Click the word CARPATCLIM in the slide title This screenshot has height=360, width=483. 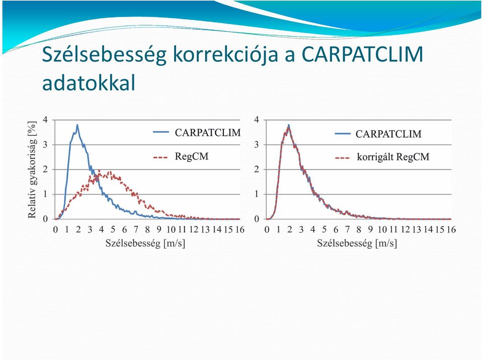[x=362, y=54]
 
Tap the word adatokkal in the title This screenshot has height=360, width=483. [x=89, y=82]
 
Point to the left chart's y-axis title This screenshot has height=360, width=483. [x=32, y=169]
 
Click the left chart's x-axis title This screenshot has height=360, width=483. [x=145, y=243]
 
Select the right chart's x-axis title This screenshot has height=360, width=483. [x=357, y=243]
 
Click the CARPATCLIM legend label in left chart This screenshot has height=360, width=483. [x=208, y=133]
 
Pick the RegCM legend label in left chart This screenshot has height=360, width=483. [x=192, y=156]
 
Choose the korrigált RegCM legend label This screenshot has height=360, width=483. [x=393, y=157]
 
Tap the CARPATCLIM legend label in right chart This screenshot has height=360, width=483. [x=388, y=134]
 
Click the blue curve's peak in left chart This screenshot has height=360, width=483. [x=77, y=125]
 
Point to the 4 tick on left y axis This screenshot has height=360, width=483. [x=46, y=120]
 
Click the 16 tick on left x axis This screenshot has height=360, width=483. [x=240, y=229]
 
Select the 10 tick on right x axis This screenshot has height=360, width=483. [x=382, y=229]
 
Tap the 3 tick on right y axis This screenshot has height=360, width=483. [x=257, y=144]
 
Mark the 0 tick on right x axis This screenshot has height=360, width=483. [x=267, y=229]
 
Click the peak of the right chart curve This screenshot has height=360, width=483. [x=289, y=125]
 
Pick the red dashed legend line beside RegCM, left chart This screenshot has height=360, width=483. [x=160, y=158]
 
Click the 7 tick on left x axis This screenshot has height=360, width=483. [x=136, y=229]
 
